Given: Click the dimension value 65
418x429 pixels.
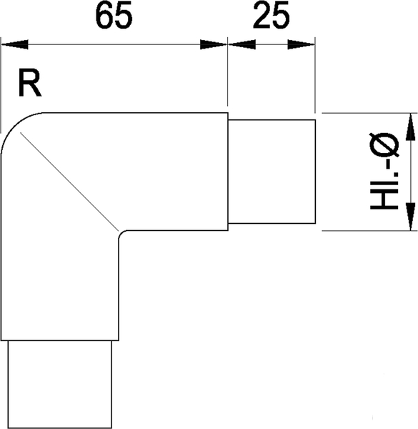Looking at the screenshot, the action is click(x=114, y=16).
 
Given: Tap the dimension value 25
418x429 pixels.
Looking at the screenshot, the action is click(x=272, y=15).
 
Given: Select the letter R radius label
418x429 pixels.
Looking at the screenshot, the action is click(x=30, y=84).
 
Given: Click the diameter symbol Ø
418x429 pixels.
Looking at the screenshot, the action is click(x=384, y=145).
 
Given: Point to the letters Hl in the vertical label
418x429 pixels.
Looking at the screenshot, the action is click(x=384, y=195).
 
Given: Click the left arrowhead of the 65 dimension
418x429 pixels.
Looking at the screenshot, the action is click(x=15, y=44).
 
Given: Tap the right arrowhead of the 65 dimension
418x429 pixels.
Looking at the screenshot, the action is click(x=214, y=44).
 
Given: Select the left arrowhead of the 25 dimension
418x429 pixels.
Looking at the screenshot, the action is click(x=242, y=44).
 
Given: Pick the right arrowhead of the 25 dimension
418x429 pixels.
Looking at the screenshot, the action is click(x=302, y=44).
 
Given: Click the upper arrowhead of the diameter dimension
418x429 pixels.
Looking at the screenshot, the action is click(x=410, y=127).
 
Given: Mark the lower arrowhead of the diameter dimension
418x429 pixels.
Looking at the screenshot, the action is click(x=410, y=217).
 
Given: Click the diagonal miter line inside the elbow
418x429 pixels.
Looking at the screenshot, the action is click(x=69, y=182).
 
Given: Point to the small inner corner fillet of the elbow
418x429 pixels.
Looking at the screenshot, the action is click(x=121, y=233).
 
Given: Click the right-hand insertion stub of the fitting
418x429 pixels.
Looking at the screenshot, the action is click(x=272, y=172).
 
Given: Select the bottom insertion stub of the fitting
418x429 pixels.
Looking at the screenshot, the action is click(x=60, y=384).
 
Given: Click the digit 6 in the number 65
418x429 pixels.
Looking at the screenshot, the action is click(x=105, y=16).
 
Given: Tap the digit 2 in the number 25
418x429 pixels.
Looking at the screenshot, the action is click(x=262, y=15).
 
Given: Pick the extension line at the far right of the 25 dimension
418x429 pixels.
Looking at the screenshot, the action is click(x=315, y=75).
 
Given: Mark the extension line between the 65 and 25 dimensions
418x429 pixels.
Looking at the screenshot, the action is click(x=228, y=71).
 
